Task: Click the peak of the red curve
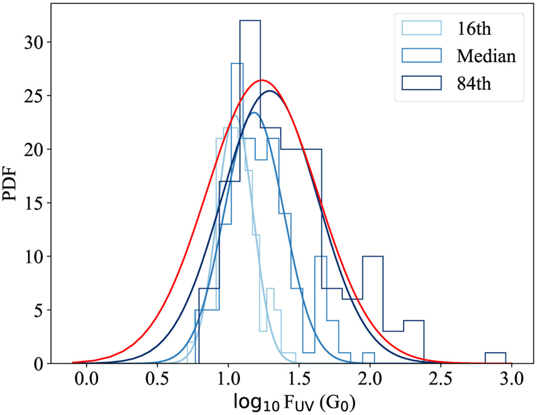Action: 262,81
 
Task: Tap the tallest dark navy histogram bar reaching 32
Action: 250,21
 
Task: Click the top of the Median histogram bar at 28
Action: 237,64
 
